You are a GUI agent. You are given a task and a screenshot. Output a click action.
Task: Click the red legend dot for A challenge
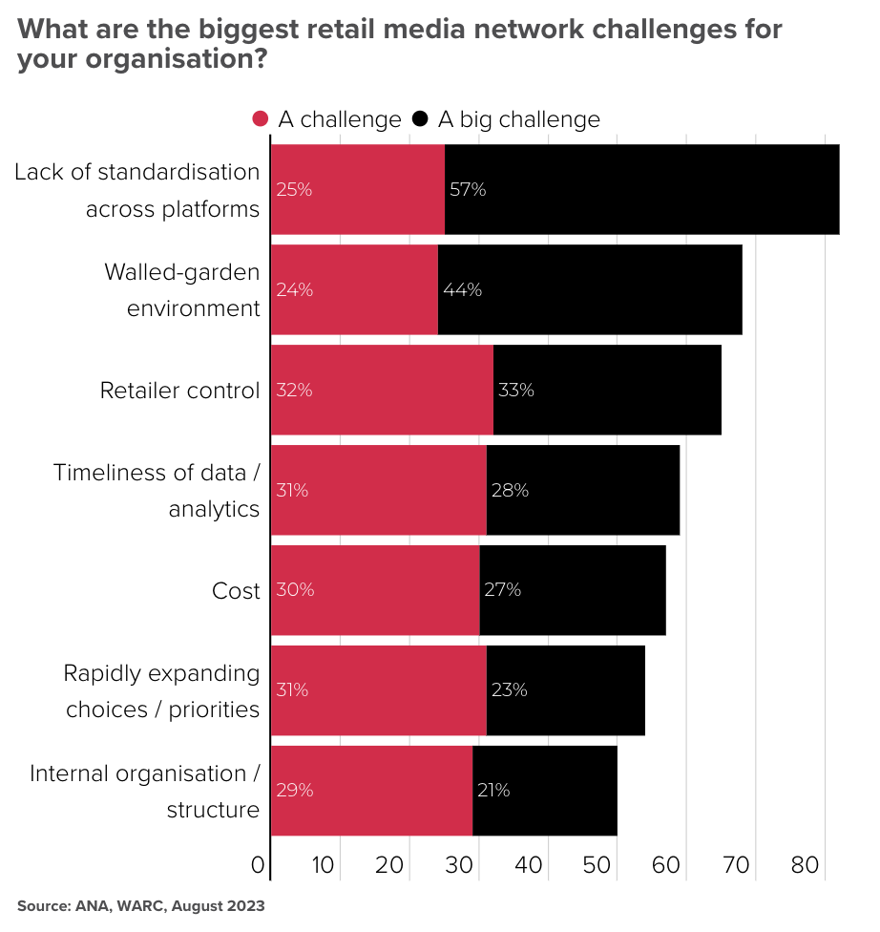click(x=261, y=119)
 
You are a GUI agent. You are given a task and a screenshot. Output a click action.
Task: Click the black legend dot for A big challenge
click(x=420, y=119)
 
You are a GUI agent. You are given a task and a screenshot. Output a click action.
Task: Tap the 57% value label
click(x=468, y=189)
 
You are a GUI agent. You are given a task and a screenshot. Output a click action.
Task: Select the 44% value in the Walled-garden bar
click(x=462, y=289)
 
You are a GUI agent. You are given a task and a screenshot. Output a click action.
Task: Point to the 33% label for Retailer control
click(x=515, y=390)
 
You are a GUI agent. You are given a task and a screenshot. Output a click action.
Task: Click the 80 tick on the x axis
click(x=805, y=866)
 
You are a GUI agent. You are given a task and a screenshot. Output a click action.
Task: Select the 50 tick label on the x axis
click(x=597, y=866)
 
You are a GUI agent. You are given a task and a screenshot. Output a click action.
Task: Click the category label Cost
click(x=236, y=591)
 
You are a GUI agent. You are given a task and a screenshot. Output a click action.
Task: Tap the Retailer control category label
click(x=179, y=391)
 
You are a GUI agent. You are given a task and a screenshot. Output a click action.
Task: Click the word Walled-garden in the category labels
click(x=181, y=272)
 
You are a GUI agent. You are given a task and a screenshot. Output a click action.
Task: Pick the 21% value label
click(x=492, y=790)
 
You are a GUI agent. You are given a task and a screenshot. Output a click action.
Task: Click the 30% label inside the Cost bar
click(x=294, y=589)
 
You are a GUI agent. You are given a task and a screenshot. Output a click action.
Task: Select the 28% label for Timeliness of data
click(x=510, y=490)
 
